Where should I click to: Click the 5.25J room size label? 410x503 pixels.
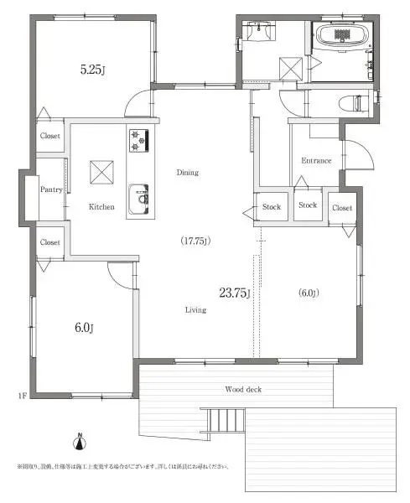tap(92, 70)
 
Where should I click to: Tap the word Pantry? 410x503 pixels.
tap(51, 189)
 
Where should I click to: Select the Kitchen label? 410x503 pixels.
tap(102, 206)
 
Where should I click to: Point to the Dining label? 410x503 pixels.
tap(187, 173)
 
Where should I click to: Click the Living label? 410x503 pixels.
tap(195, 309)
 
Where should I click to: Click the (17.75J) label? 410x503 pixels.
tap(195, 241)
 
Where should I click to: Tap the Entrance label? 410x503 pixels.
tap(316, 161)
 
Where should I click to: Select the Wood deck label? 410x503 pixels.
tap(244, 389)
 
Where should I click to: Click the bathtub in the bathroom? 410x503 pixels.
tap(341, 37)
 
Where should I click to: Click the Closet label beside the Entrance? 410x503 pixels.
tap(342, 207)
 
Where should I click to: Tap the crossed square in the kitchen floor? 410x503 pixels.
tap(101, 172)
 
